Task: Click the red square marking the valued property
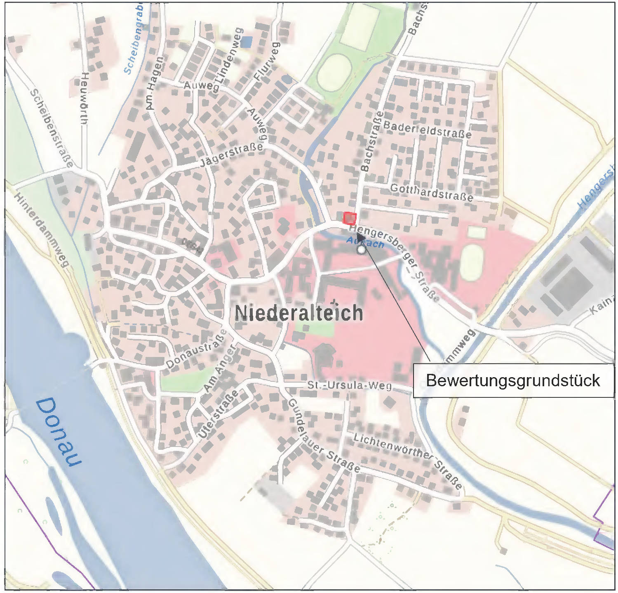click(349, 218)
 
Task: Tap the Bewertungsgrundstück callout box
click(513, 380)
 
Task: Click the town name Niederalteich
click(298, 313)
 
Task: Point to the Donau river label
click(58, 432)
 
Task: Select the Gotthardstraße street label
click(431, 192)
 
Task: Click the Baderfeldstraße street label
click(427, 129)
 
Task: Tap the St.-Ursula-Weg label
click(349, 385)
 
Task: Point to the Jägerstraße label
click(231, 155)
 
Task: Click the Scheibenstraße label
click(52, 128)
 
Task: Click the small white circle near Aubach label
click(362, 250)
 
